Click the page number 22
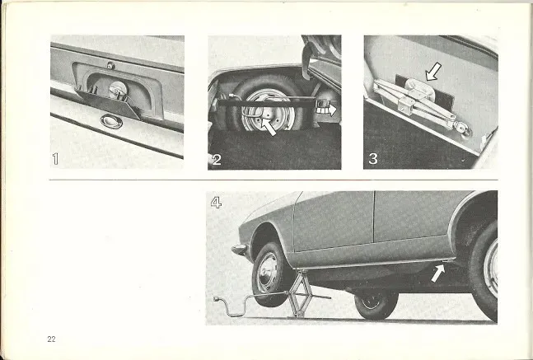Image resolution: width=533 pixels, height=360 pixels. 51,339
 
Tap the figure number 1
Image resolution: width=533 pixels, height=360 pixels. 55,159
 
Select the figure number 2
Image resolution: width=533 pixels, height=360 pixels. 217,160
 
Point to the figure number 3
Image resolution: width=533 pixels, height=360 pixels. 373,159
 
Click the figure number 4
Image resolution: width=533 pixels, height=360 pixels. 216,203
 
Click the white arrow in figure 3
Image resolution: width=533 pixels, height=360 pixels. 433,72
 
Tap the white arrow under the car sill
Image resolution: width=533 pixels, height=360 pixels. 437,274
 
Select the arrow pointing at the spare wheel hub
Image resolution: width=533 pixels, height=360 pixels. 269,127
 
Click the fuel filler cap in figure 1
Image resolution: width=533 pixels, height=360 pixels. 119,91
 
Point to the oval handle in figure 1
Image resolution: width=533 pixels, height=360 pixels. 111,121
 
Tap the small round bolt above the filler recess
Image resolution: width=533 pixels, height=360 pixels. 110,66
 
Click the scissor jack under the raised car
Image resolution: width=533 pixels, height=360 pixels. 300,294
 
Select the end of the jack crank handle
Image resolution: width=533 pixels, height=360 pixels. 216,299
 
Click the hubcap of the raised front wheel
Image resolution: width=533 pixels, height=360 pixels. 268,273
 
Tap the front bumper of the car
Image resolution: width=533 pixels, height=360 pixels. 239,250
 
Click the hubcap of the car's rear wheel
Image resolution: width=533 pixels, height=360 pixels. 491,269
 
